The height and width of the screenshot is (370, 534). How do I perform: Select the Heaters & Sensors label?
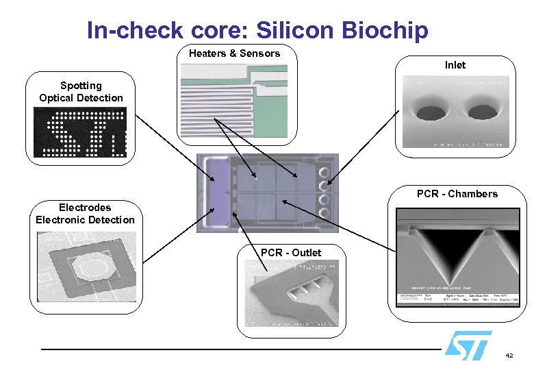(x=234, y=53)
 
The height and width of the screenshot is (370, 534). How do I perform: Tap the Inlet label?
(x=455, y=65)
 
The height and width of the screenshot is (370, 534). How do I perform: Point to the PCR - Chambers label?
(x=457, y=194)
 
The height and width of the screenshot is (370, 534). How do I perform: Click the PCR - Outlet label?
(x=291, y=253)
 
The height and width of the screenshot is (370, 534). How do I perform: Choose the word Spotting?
(x=81, y=86)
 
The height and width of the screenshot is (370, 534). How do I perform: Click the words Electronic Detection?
(x=86, y=220)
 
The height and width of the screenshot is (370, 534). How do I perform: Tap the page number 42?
(x=509, y=356)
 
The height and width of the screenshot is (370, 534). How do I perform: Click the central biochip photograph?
(x=268, y=193)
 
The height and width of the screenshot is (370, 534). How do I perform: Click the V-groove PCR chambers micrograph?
(x=457, y=257)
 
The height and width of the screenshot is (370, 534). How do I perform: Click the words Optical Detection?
(x=81, y=98)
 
